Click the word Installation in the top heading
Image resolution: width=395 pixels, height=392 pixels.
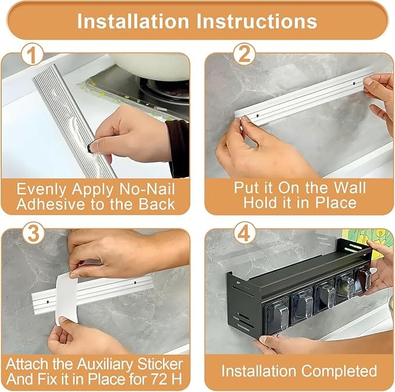(133, 21)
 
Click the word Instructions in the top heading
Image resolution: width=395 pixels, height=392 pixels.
(257, 21)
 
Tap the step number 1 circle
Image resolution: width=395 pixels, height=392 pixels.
(33, 55)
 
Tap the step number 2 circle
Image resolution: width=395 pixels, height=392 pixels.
(244, 55)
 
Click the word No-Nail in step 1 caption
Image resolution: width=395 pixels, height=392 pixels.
(147, 189)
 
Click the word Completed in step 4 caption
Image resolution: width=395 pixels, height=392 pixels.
(339, 371)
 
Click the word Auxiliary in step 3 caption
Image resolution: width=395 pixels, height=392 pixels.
(105, 364)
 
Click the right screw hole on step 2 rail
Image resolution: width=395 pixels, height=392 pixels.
(354, 83)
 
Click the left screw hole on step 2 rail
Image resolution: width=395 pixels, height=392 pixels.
(257, 116)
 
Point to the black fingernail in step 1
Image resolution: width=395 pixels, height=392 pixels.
(90, 148)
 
